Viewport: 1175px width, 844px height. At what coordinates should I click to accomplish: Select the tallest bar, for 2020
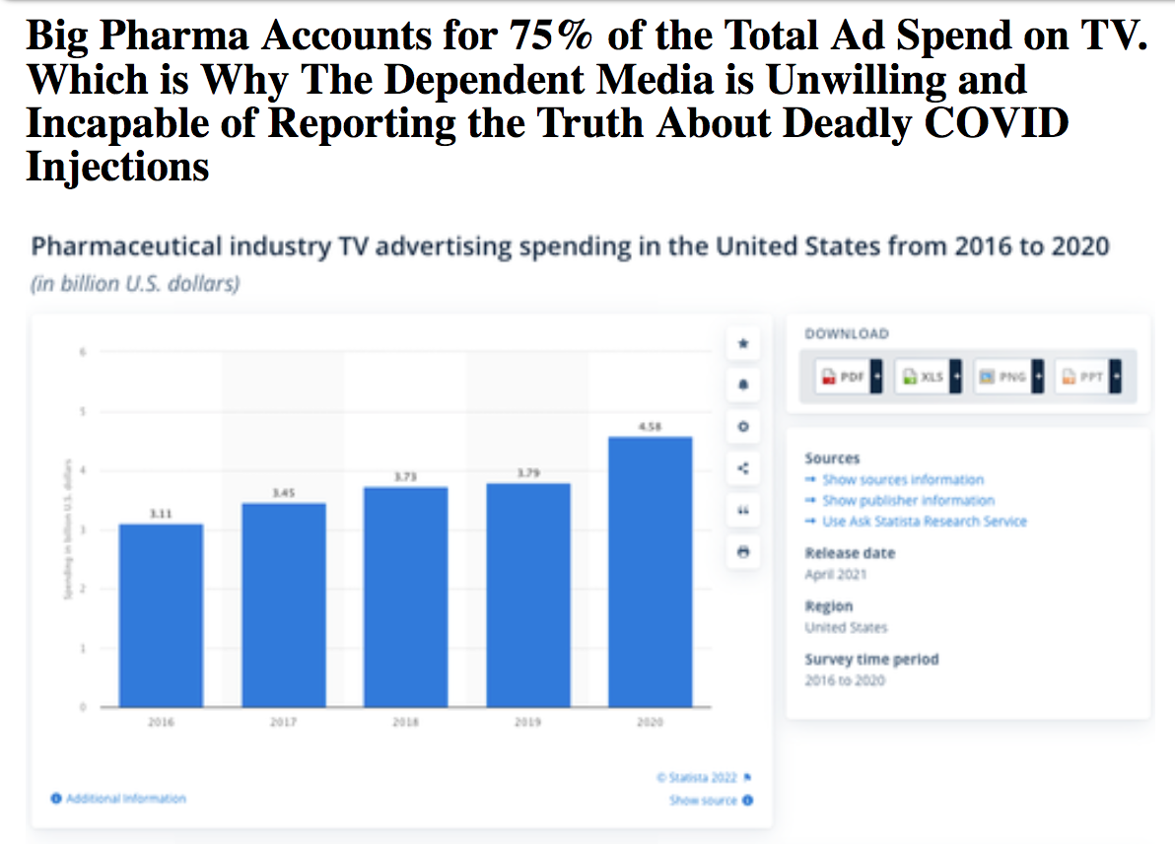650,571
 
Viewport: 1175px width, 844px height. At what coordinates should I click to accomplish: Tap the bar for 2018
405,597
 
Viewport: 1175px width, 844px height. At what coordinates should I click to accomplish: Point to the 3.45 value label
284,492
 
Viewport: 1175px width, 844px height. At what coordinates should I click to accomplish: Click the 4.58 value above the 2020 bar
650,427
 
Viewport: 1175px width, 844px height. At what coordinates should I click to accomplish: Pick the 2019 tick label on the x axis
527,723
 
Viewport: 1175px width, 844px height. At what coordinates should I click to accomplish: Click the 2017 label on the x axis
284,723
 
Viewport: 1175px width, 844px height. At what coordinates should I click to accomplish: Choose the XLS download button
927,377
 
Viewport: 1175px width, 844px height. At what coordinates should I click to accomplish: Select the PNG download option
1006,377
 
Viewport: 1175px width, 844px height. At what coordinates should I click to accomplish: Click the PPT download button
1087,377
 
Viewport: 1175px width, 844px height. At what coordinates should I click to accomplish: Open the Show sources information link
901,480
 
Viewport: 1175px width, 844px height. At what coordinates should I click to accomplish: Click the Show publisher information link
907,501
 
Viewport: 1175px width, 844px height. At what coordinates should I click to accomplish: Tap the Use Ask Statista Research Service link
923,521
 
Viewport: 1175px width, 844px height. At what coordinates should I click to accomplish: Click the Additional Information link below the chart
123,798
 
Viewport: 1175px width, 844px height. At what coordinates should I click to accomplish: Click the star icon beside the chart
743,344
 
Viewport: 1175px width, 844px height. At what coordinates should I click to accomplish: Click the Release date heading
850,553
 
